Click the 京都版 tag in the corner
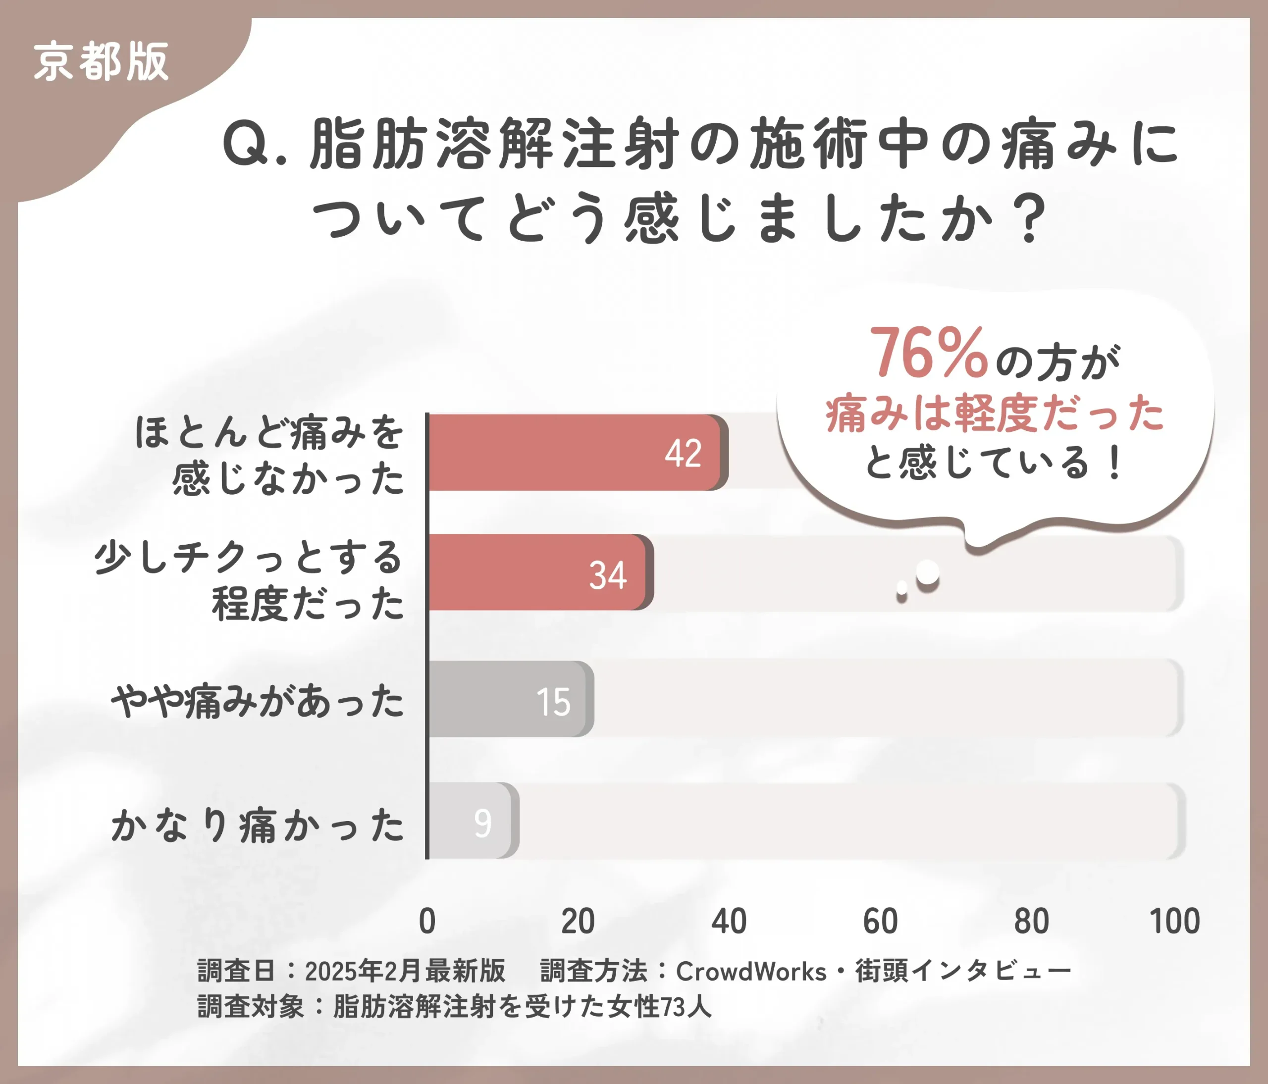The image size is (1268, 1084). pyautogui.click(x=101, y=62)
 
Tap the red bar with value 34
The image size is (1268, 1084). pyautogui.click(x=539, y=572)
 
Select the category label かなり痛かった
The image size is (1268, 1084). pyautogui.click(x=258, y=825)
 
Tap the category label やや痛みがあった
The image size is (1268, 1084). pyautogui.click(x=258, y=701)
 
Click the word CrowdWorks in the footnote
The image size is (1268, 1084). pyautogui.click(x=751, y=972)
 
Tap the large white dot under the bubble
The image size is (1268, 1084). pyautogui.click(x=927, y=572)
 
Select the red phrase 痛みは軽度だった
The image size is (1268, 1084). pyautogui.click(x=995, y=413)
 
